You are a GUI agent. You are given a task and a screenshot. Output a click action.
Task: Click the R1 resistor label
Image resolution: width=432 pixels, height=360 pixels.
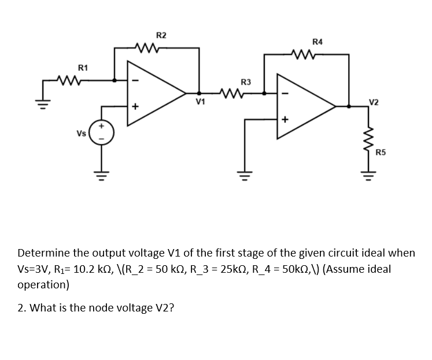pyautogui.click(x=83, y=68)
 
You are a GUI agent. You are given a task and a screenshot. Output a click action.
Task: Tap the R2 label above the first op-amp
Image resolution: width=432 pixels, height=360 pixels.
pyautogui.click(x=162, y=36)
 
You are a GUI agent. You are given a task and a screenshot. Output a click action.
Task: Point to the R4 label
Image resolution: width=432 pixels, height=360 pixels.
pyautogui.click(x=317, y=42)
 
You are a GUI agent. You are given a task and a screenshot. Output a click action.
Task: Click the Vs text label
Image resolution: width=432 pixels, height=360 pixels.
pyautogui.click(x=82, y=132)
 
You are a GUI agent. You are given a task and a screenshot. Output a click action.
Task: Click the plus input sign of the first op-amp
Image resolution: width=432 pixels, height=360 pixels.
pyautogui.click(x=136, y=107)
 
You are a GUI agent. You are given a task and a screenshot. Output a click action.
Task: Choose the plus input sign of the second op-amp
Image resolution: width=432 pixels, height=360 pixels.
pyautogui.click(x=285, y=120)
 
